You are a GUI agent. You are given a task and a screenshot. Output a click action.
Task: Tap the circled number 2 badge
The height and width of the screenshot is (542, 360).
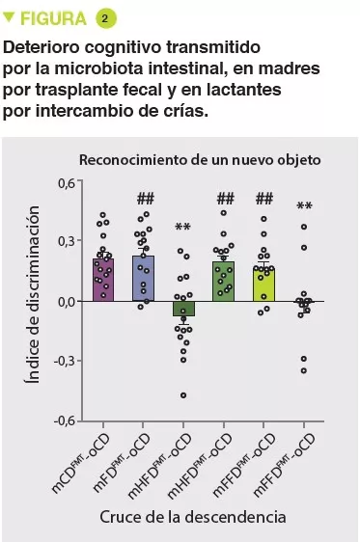click(104, 18)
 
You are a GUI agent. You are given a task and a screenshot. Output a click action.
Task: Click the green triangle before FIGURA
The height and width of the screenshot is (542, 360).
click(11, 18)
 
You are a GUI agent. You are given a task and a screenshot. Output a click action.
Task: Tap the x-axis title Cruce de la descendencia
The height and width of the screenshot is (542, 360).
click(193, 517)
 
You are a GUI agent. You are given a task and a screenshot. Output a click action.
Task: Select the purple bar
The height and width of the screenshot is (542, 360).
click(103, 280)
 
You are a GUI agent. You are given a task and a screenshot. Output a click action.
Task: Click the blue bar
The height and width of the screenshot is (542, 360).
click(143, 278)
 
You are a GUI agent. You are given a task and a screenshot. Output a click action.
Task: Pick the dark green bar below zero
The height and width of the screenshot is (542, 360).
click(183, 309)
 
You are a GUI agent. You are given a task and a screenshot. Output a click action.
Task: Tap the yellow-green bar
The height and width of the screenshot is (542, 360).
click(263, 285)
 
